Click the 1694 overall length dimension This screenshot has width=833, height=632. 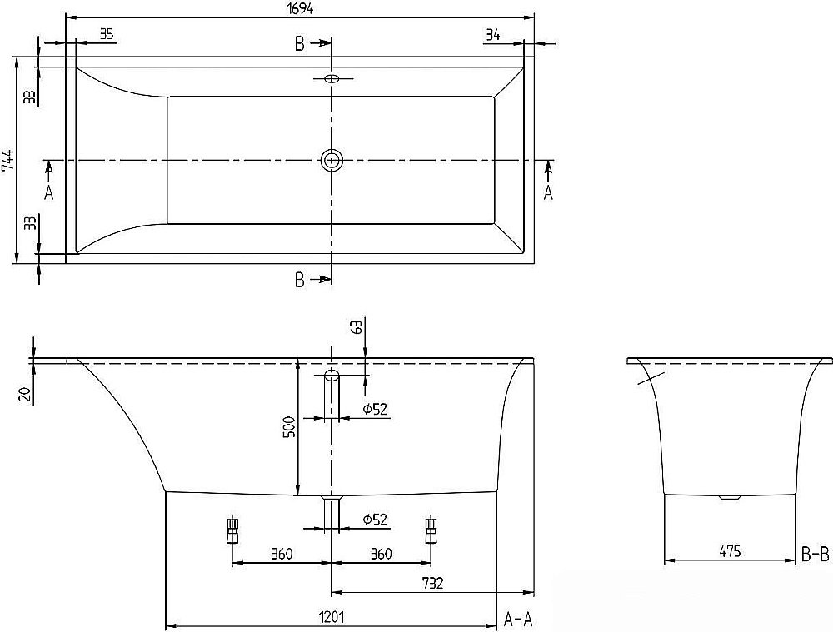pos(299,7)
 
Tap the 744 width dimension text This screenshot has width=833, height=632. pos(7,159)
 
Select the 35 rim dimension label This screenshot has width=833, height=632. pos(106,34)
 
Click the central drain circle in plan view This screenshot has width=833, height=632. pos(332,159)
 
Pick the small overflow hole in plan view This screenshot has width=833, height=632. pos(332,79)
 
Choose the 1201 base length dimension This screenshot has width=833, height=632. pos(332,617)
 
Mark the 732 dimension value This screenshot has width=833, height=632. pos(431,584)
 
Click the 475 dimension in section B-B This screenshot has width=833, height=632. pos(729,551)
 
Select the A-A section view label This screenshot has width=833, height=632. pos(519,618)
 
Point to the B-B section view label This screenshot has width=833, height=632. pos(815,551)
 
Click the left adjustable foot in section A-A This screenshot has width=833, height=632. pos(232,530)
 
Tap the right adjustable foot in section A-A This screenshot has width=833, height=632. pos(431,530)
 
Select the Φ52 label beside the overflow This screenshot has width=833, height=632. pos(375,408)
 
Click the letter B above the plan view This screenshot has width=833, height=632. pos(299,45)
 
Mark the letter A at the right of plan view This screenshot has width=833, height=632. pos(548,192)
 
